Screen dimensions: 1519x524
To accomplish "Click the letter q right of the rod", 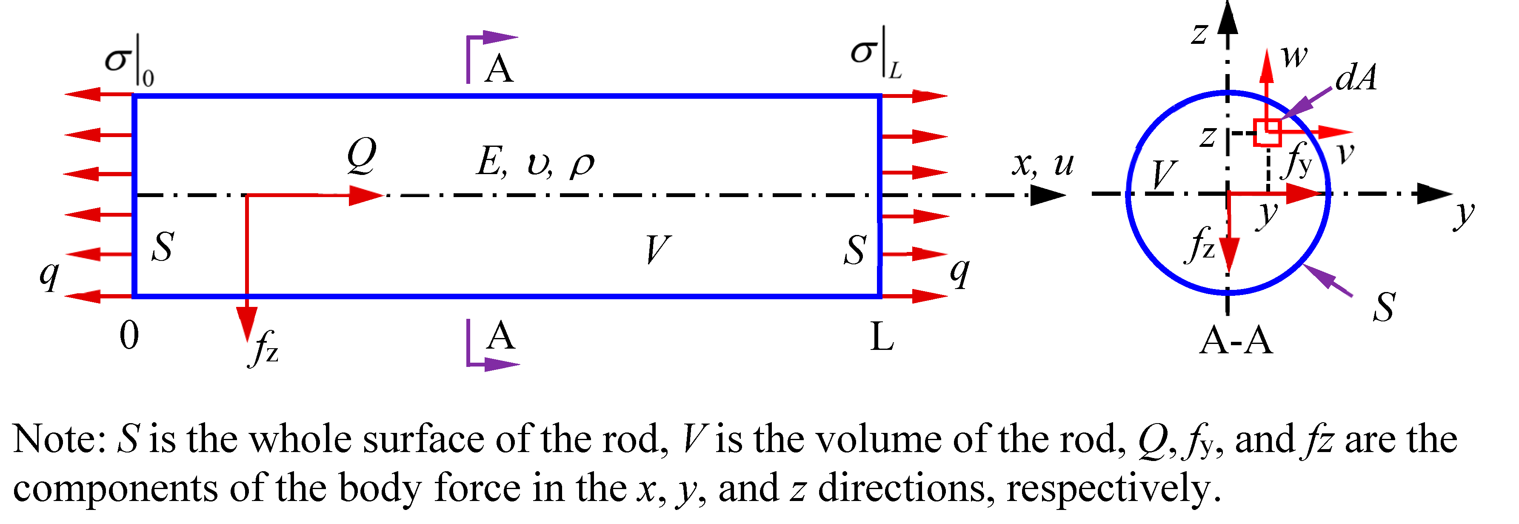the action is [959, 272].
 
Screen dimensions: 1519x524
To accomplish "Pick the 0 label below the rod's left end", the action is [129, 336].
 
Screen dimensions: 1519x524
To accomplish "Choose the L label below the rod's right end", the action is [882, 338].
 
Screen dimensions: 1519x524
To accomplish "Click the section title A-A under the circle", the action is [1236, 341].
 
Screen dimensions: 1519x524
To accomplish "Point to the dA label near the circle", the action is [1356, 78].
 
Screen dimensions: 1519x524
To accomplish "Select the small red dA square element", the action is [1267, 133].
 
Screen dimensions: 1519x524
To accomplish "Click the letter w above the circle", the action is [1294, 57].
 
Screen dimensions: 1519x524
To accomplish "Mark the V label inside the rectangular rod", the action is [657, 249].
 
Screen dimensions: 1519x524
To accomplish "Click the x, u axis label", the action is [1042, 164].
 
